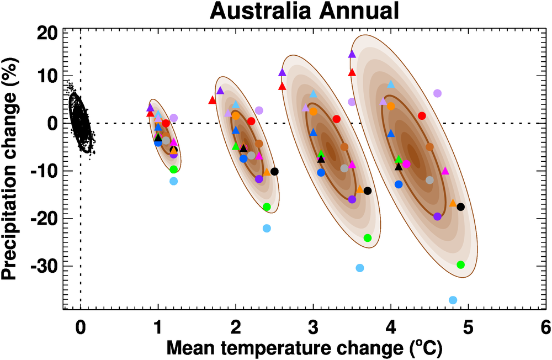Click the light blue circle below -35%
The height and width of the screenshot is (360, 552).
pos(453,300)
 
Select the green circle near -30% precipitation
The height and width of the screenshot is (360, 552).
pos(461,264)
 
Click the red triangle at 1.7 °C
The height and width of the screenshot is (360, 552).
pos(213,100)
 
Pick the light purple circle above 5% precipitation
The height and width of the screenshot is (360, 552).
pos(438,93)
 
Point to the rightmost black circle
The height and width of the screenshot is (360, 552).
pos(461,207)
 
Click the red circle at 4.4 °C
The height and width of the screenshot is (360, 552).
pos(422,116)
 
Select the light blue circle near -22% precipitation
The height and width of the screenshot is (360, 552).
pos(267,229)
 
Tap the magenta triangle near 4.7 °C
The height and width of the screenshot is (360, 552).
pos(445,171)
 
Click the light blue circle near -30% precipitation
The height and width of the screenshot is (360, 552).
pos(360,268)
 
